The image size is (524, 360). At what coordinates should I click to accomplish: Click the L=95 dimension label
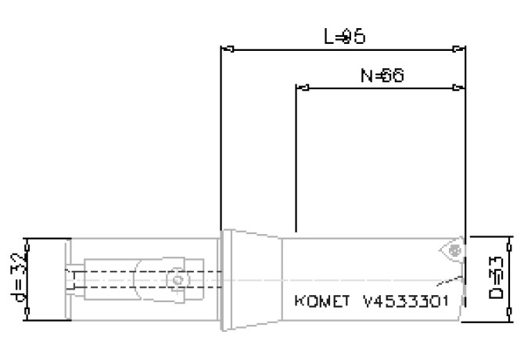point(345,37)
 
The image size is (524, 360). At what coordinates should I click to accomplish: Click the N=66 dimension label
point(381,75)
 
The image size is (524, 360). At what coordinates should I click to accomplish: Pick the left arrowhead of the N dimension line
point(299,88)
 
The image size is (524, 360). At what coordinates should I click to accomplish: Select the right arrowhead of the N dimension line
point(461,88)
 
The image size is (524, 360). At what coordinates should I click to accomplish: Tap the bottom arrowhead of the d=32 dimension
point(28,316)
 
